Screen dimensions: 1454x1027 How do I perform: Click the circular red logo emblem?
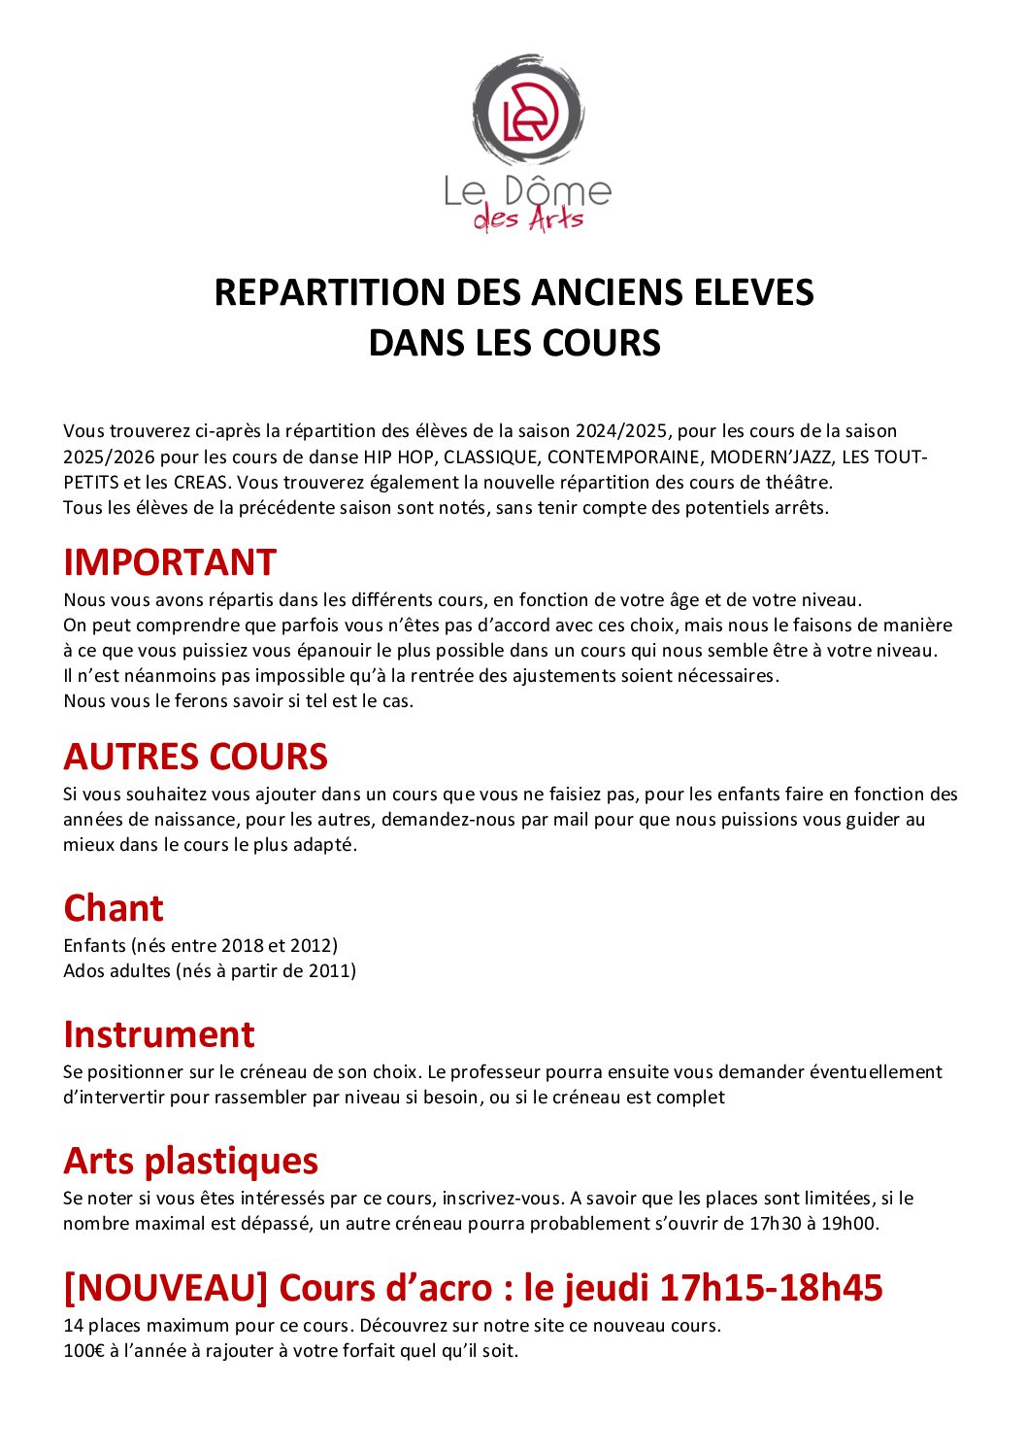[528, 109]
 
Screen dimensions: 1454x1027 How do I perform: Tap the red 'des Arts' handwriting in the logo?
[528, 220]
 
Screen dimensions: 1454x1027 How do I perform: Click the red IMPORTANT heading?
[170, 562]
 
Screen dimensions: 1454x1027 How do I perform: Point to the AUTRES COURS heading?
[195, 757]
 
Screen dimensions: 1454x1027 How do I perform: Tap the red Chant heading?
[114, 908]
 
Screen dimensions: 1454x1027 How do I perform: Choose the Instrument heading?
[158, 1034]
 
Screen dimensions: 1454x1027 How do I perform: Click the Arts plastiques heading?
[190, 1161]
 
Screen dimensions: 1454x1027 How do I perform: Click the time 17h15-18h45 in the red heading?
[771, 1288]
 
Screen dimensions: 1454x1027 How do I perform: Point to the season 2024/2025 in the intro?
[620, 430]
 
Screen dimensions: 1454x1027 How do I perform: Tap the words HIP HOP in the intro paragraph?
[399, 456]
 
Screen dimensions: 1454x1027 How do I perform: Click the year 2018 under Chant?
[242, 945]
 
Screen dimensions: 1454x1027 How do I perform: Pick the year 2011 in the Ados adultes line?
[329, 970]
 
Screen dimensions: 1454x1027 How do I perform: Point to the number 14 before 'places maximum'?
[73, 1326]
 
